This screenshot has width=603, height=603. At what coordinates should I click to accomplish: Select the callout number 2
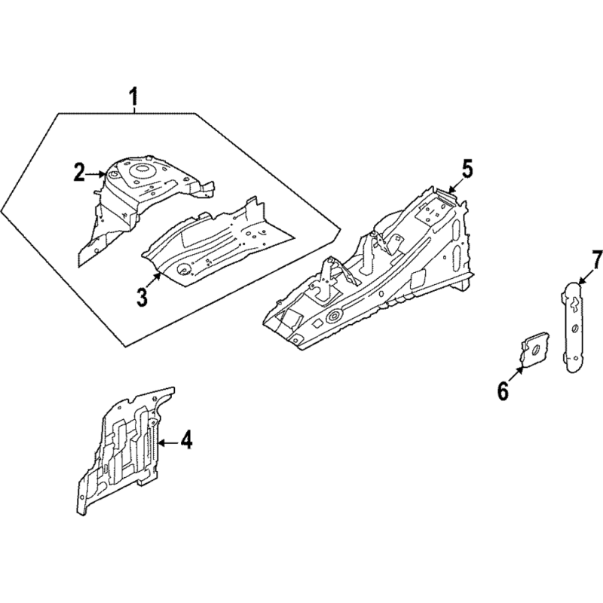79,172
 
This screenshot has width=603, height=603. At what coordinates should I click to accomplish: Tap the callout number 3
142,297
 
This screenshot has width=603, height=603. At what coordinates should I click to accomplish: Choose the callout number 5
467,169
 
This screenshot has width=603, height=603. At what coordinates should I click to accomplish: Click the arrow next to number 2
95,174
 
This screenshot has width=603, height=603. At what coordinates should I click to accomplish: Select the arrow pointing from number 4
168,443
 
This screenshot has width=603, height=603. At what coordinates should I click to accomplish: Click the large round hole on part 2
139,168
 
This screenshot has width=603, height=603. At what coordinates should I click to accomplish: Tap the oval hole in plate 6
534,349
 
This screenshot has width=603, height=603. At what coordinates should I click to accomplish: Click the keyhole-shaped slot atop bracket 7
574,305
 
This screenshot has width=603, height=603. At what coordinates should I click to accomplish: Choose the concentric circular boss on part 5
332,316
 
